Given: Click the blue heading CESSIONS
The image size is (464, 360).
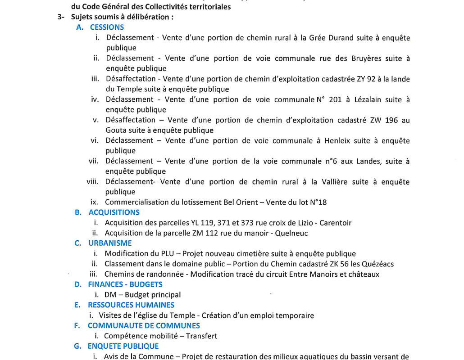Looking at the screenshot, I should click(107, 27).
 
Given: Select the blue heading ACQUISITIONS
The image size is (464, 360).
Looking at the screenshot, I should click(114, 212).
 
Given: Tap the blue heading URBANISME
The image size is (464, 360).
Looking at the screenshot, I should click(110, 243).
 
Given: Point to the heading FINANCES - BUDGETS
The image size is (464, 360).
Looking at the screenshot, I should click(125, 284).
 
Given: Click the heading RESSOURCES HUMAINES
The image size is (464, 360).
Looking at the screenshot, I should click(131, 305).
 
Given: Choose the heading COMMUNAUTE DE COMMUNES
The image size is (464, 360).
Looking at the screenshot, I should click(144, 325).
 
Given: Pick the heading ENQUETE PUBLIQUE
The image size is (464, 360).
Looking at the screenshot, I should click(123, 346).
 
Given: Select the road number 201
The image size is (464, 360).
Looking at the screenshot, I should click(335, 99).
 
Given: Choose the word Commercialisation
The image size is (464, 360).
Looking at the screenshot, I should click(136, 202).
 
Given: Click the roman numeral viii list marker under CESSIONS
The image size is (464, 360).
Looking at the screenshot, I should click(93, 182).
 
